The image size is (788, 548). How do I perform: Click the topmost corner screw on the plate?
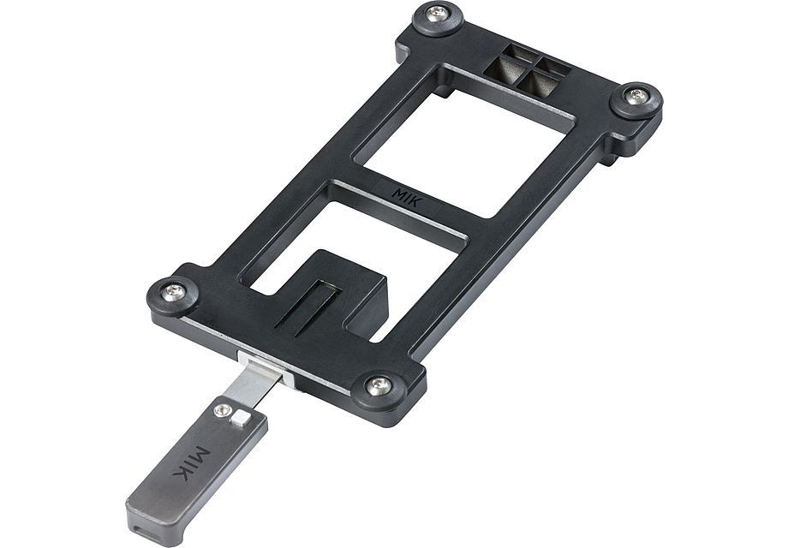click(438, 13)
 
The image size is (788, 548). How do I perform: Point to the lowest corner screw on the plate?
click(378, 385)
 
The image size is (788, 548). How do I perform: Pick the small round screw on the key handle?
click(224, 412)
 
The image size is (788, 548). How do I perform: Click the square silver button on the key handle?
click(242, 419)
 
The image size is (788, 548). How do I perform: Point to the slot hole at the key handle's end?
click(140, 521)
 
